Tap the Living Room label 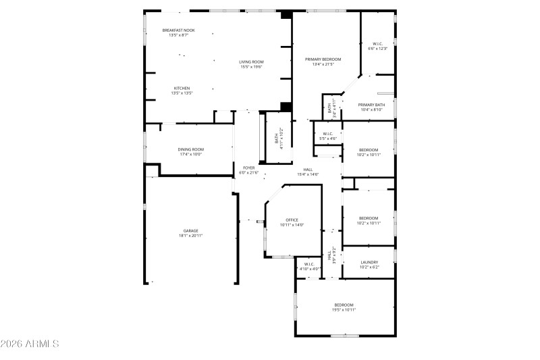250,62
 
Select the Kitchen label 182,88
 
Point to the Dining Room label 191,149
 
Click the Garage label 191,231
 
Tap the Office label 292,220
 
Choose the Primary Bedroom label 323,59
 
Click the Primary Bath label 371,105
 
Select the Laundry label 369,262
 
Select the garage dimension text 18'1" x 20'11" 191,236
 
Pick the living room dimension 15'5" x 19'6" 250,67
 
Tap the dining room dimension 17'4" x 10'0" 191,154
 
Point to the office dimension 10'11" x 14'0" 292,224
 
